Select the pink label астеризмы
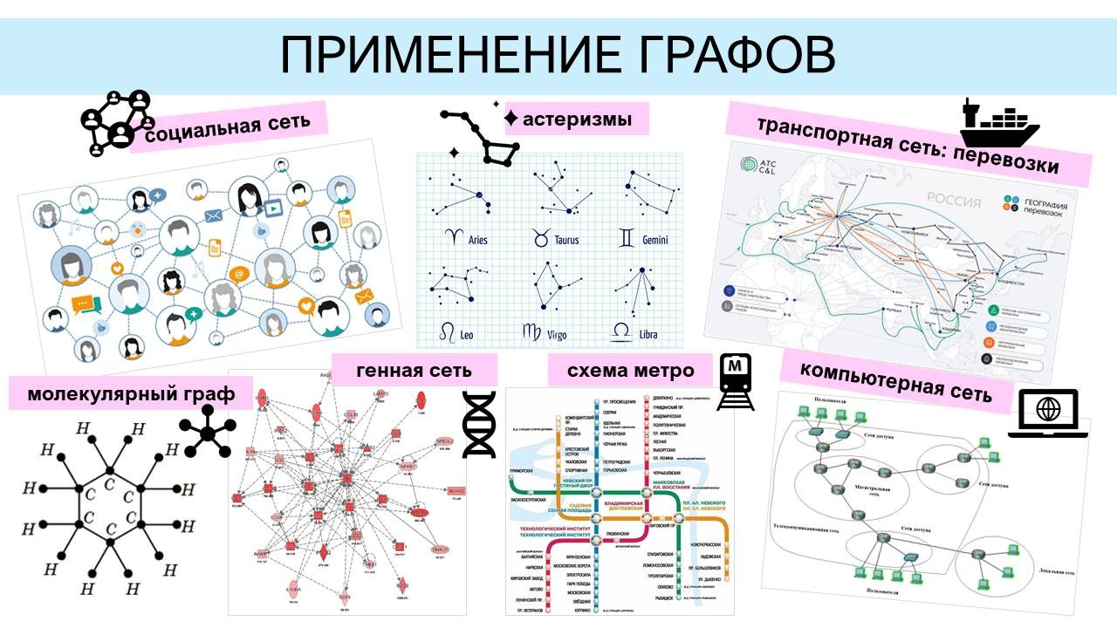coord(577,119)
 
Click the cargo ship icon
coord(999,124)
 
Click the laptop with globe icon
coord(1048,412)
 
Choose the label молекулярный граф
coord(131,393)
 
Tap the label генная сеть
coord(414,370)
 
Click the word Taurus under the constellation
coord(567,240)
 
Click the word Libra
coord(648,333)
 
